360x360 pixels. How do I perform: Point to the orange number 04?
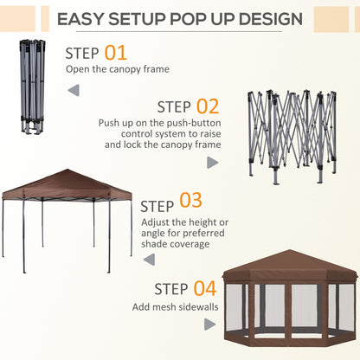pos(204,288)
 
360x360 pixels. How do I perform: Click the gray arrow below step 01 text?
pos(74,88)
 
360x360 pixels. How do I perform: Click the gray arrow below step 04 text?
pos(210,325)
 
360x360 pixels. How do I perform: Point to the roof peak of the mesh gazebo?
pos(289,253)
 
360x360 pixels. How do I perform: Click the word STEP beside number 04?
pos(170,290)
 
